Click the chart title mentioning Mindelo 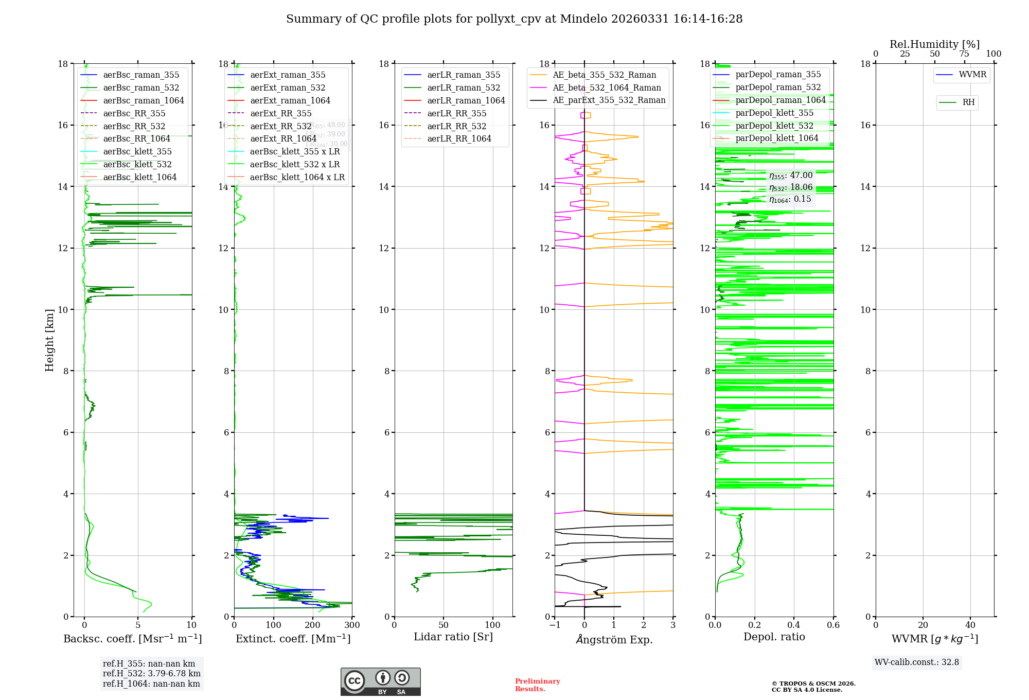coord(514,19)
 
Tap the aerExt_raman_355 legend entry coord(288,75)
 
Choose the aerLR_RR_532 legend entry coord(456,126)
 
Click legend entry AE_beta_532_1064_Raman coord(607,87)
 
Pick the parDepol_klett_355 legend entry coord(774,113)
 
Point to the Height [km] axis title coord(49,340)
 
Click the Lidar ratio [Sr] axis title coord(453,637)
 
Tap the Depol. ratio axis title coord(774,637)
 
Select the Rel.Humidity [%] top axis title coord(934,44)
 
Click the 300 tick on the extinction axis coord(352,625)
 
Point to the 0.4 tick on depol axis coord(794,625)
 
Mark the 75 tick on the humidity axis coord(964,54)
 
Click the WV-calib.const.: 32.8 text coord(916,662)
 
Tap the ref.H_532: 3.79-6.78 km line coord(151,674)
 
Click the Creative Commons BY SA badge coord(380,682)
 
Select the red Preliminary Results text coord(537,685)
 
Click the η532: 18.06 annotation coord(791,187)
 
